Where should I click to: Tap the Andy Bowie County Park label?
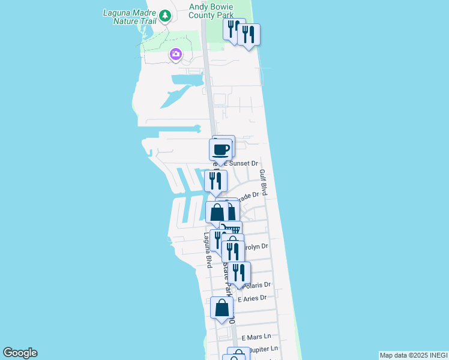[214, 11]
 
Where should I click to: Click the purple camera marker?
[175, 55]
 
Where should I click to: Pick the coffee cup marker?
[220, 149]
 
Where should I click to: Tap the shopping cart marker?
[231, 230]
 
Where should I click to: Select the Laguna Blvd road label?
[207, 250]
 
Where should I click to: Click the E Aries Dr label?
[252, 298]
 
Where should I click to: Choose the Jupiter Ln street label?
[265, 348]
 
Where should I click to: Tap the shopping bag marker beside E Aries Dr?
[221, 308]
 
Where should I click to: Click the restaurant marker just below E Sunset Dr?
[215, 181]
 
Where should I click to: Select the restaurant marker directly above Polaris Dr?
[239, 272]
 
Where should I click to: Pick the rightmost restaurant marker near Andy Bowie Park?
[249, 34]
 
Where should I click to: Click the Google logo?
[20, 353]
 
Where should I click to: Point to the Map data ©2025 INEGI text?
[413, 355]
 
